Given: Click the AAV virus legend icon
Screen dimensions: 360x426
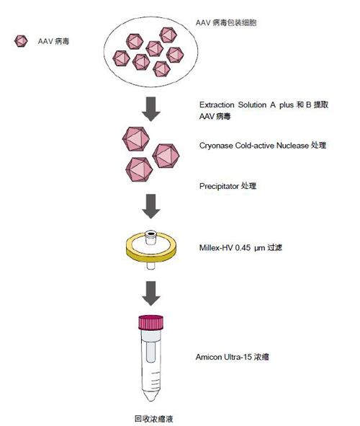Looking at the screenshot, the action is pyautogui.click(x=21, y=41).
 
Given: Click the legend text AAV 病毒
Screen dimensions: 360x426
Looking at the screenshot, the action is pyautogui.click(x=53, y=41).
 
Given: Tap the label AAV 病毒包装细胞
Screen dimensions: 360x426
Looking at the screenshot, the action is pyautogui.click(x=226, y=22).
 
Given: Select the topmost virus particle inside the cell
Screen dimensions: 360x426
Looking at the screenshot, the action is pyautogui.click(x=168, y=35).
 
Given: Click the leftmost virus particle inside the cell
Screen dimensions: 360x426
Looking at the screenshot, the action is pyautogui.click(x=121, y=58).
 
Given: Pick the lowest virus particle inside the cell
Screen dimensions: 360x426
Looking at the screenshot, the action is pyautogui.click(x=162, y=69).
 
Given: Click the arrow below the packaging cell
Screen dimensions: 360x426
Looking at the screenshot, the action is pyautogui.click(x=151, y=109).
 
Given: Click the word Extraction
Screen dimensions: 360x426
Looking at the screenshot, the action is pyautogui.click(x=217, y=105).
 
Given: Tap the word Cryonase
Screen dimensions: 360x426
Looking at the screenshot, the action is pyautogui.click(x=216, y=146).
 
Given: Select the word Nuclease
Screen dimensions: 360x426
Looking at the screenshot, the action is pyautogui.click(x=292, y=146).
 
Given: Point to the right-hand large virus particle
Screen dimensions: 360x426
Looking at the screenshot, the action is pyautogui.click(x=166, y=156).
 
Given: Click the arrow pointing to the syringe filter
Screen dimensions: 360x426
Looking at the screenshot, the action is pyautogui.click(x=151, y=206).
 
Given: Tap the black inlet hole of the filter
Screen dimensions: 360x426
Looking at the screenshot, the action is pyautogui.click(x=150, y=233).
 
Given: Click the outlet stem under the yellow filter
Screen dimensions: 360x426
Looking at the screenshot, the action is pyautogui.click(x=150, y=265).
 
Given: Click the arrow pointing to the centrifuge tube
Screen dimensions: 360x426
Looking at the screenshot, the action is pyautogui.click(x=151, y=293).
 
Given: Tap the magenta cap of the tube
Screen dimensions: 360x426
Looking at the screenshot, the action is pyautogui.click(x=150, y=322).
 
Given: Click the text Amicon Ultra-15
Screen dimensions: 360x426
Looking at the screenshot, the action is pyautogui.click(x=223, y=357).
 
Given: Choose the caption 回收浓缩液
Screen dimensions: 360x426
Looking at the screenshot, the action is pyautogui.click(x=154, y=419).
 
